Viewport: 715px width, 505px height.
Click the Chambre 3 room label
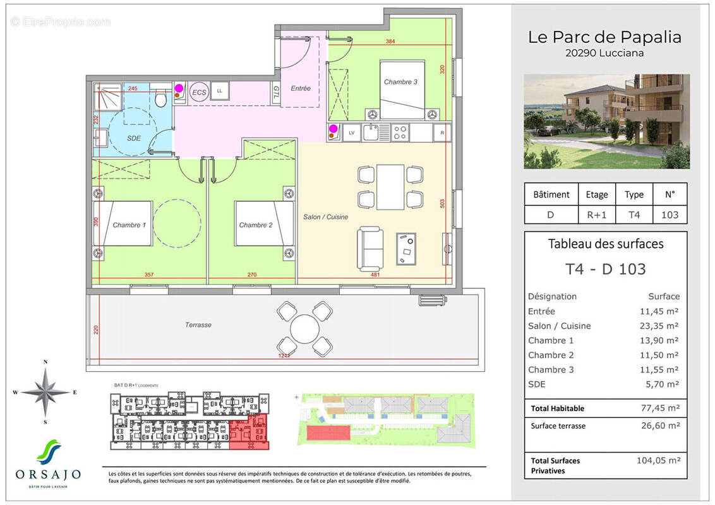401,82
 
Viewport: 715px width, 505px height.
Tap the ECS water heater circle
199,92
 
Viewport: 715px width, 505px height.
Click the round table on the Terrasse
305,328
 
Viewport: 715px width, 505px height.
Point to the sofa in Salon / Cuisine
370,247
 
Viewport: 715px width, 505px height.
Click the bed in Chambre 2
264,223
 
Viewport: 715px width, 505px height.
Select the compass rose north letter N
45,362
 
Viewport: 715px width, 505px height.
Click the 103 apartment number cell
669,215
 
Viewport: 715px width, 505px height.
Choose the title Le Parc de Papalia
604,37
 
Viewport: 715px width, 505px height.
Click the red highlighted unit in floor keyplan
248,433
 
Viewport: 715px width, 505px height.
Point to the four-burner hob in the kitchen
400,133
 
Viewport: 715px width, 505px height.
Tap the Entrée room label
301,89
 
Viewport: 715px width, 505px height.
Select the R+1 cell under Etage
597,215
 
